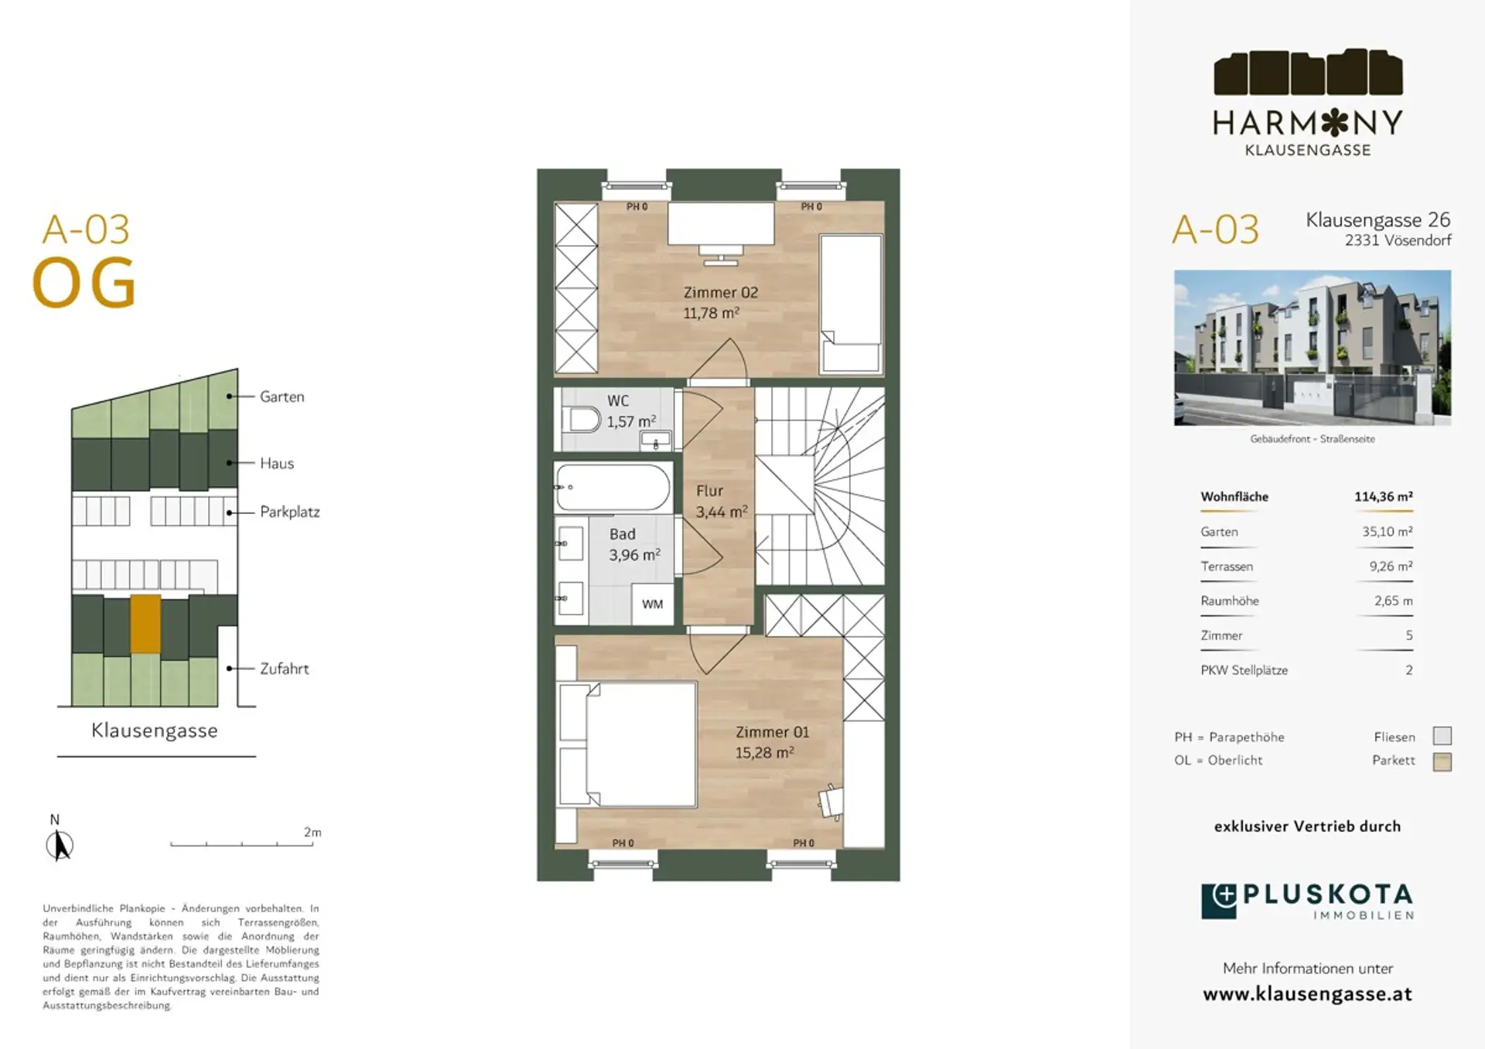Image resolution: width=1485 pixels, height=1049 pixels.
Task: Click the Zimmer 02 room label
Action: click(721, 293)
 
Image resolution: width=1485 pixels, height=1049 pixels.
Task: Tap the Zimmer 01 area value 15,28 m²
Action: click(764, 753)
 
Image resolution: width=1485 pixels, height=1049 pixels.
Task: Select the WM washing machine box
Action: click(652, 604)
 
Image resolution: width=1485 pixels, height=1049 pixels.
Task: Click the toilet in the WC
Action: click(585, 421)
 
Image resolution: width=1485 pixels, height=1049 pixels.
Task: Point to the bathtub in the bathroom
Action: click(613, 487)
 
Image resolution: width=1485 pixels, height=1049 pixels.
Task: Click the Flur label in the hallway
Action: click(709, 491)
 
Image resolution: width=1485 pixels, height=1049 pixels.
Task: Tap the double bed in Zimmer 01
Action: click(627, 744)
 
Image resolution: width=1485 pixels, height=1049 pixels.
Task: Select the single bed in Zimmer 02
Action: click(851, 304)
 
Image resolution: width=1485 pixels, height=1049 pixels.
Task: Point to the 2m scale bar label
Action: click(312, 832)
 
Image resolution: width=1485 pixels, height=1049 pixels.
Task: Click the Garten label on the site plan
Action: click(282, 397)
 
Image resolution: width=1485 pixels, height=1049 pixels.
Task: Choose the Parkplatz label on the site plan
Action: click(290, 512)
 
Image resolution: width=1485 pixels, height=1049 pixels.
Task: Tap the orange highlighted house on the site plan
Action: click(145, 623)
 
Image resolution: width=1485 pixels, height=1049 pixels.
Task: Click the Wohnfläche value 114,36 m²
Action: click(1384, 496)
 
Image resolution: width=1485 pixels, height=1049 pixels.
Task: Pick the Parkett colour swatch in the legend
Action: click(1442, 761)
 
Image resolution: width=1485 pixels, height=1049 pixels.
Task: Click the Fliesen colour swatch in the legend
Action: click(1442, 735)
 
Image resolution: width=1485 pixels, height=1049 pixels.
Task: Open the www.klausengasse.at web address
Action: click(1307, 994)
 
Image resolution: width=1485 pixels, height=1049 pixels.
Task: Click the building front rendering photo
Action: click(1313, 347)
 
